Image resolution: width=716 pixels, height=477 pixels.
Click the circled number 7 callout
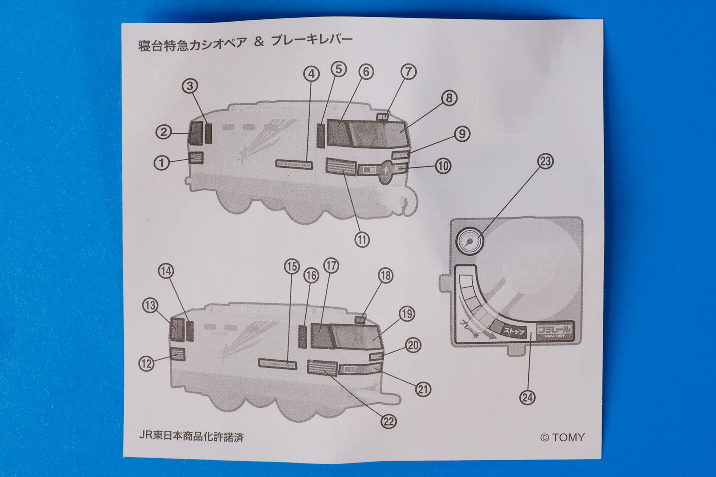408,71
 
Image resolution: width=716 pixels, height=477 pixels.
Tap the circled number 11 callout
362,240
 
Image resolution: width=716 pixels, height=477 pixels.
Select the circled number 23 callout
545,161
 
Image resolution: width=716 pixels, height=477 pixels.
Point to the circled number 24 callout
527,397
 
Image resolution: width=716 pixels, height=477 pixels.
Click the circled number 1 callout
162,163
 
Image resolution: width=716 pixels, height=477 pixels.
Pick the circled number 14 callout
166,271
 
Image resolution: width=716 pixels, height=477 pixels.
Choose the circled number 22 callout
389,421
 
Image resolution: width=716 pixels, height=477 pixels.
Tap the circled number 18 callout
386,276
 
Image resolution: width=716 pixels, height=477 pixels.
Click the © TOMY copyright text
562,437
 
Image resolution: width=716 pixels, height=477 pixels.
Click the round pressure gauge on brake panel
470,241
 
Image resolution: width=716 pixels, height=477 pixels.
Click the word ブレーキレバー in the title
312,40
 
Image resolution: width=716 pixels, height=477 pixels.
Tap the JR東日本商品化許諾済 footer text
191,436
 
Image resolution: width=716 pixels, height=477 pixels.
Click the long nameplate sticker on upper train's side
294,164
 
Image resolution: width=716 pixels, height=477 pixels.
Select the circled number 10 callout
443,166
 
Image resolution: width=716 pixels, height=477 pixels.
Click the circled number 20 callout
413,345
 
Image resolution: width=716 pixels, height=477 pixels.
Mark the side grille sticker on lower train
322,368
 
